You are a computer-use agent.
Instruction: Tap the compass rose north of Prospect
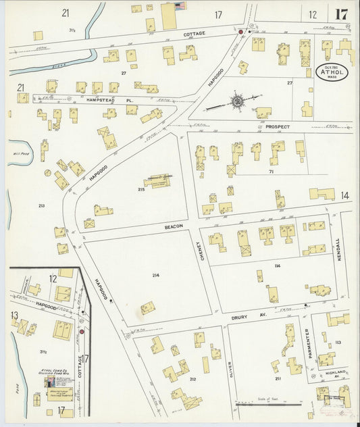(x=238, y=101)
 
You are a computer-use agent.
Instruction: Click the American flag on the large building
(x=180, y=6)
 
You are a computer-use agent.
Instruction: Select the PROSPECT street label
(x=278, y=126)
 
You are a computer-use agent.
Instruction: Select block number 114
(x=277, y=266)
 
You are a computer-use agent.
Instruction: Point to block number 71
(x=270, y=172)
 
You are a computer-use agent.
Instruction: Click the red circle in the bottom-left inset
(x=82, y=332)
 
